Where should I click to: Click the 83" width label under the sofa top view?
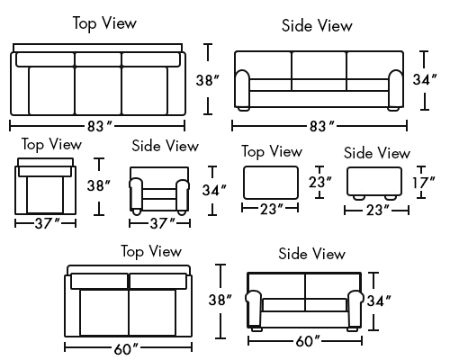99,126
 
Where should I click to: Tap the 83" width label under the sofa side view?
321,126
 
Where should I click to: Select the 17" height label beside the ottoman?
423,183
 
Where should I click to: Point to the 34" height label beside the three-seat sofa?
425,79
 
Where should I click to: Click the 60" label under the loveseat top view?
126,349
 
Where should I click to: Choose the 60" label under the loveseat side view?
308,341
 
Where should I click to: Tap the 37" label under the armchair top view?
47,223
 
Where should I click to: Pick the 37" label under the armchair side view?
162,223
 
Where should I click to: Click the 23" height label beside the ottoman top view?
320,182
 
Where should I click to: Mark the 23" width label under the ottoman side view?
379,210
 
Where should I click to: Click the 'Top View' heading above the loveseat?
151,251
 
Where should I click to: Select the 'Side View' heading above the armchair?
166,146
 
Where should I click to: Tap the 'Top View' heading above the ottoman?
272,151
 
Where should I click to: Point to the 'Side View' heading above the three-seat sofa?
317,25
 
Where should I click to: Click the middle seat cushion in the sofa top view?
98,91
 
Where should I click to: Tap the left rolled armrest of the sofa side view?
242,89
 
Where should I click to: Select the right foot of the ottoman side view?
391,198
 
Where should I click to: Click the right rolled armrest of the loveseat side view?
355,309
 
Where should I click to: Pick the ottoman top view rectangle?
271,183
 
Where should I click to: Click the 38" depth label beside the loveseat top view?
220,300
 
